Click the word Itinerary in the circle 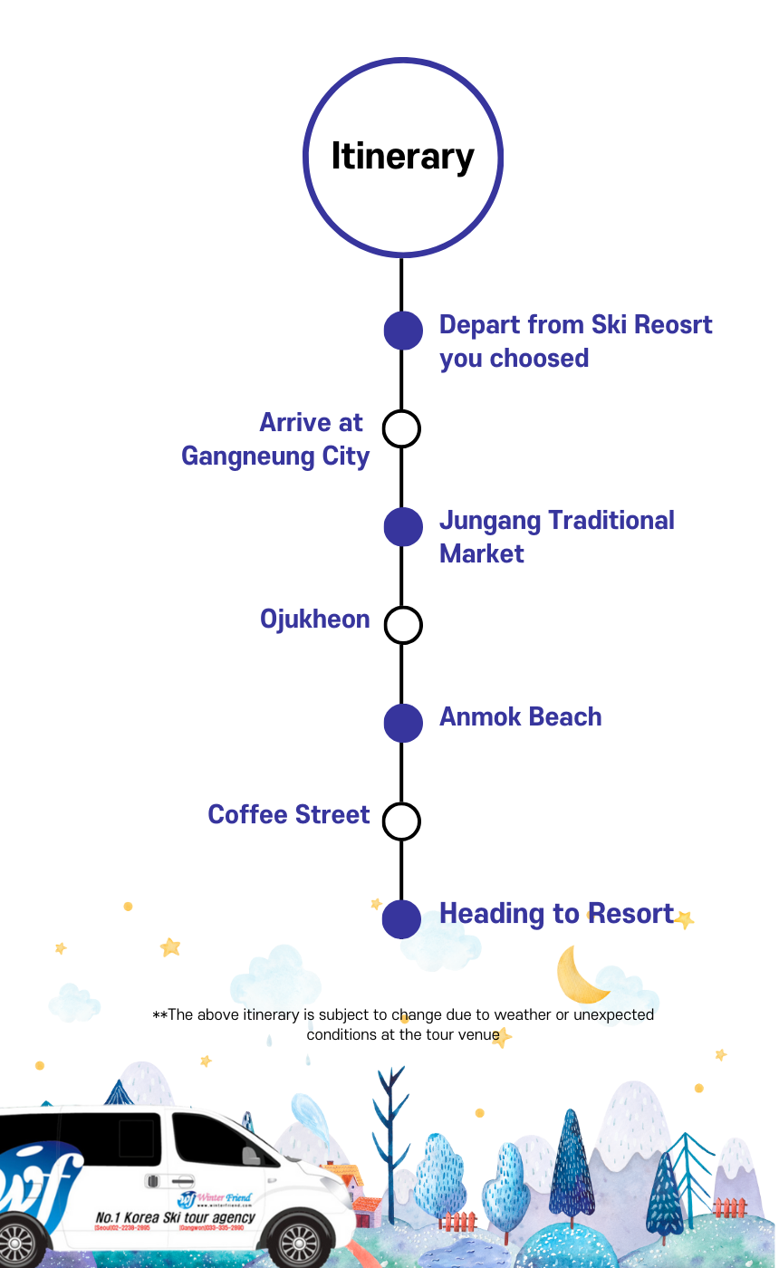[x=402, y=157]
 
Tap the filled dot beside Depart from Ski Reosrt [x=403, y=331]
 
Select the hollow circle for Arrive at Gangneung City [x=401, y=428]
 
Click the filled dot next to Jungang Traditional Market [x=403, y=527]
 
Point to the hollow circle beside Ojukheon [x=403, y=625]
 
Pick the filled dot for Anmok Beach [x=403, y=723]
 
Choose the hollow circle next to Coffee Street [x=401, y=821]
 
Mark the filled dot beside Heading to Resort [x=402, y=918]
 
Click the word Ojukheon [x=314, y=620]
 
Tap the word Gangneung [x=236, y=456]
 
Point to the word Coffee [x=247, y=815]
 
